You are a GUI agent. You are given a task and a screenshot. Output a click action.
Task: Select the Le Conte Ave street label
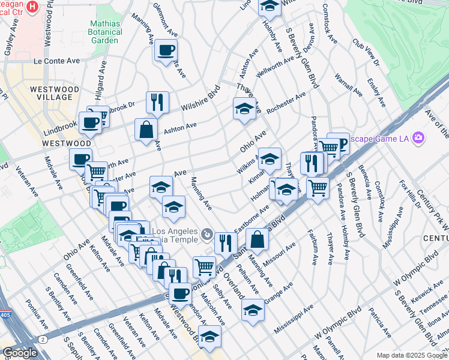click(56, 61)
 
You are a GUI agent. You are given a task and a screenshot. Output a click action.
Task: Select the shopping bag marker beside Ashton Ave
click(146, 128)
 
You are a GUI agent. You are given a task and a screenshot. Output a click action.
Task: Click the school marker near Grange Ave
click(253, 310)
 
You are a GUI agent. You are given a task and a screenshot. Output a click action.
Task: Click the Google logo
click(20, 353)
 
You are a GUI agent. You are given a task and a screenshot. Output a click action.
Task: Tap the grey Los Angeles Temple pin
click(206, 233)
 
